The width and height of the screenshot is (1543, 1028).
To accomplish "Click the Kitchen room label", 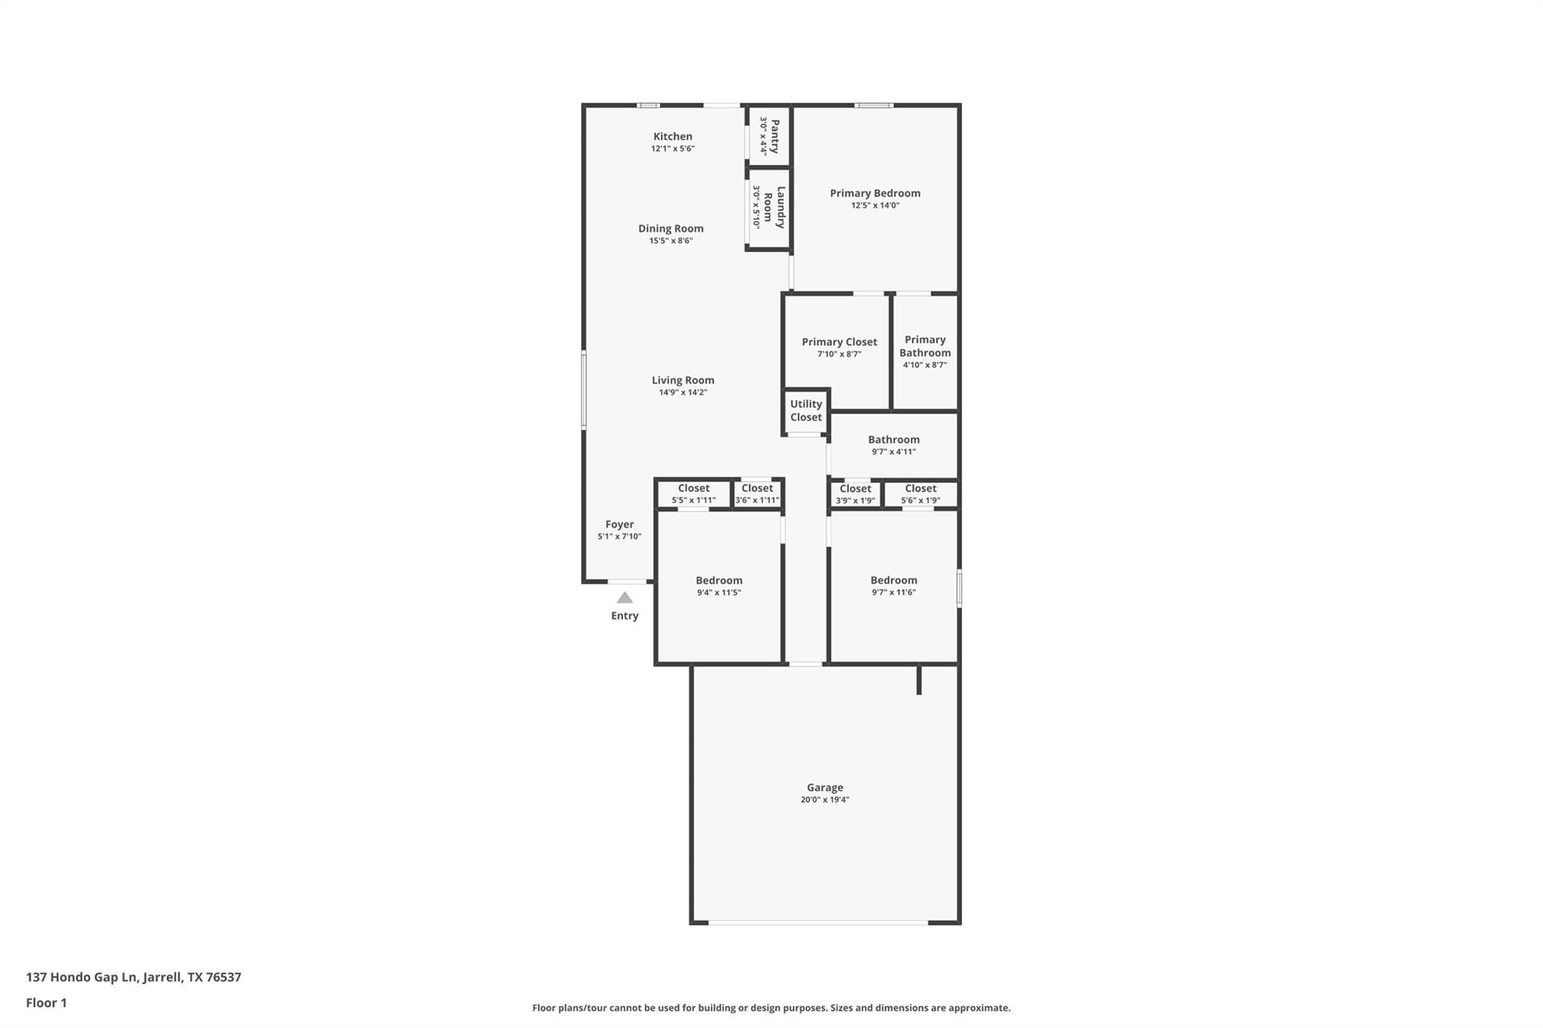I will coord(672,136).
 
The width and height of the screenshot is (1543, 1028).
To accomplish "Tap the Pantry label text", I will coord(775,136).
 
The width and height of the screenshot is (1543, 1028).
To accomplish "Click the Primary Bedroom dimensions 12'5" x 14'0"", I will coord(875,206).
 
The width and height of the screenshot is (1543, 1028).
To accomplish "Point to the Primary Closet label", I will coord(839,342).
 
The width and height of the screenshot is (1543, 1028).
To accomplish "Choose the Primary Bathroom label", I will coord(924,346).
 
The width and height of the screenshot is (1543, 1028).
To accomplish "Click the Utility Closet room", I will coord(805,410).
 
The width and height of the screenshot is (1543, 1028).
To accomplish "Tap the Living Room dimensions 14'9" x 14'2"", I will coord(683,392).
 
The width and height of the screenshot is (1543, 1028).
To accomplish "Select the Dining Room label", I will coord(671,228).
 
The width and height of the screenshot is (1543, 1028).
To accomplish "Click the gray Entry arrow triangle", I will coord(625,598).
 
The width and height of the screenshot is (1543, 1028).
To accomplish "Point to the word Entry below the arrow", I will coord(625,616).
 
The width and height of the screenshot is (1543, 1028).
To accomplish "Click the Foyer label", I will coord(619,524).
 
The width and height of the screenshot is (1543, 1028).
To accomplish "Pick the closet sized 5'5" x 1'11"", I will coord(693,494).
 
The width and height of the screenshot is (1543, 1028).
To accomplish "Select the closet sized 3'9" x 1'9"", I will coord(855,494).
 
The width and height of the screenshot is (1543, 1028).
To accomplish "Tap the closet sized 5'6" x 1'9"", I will coord(920,494).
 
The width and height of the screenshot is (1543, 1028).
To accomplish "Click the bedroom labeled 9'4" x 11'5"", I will coord(719,586).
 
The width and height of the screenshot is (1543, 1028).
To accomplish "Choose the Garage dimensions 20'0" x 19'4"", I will coord(824,800).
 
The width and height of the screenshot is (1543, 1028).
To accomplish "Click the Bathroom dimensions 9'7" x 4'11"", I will coord(893,452).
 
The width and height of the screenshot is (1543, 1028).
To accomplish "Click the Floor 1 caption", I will coord(47,1002).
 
